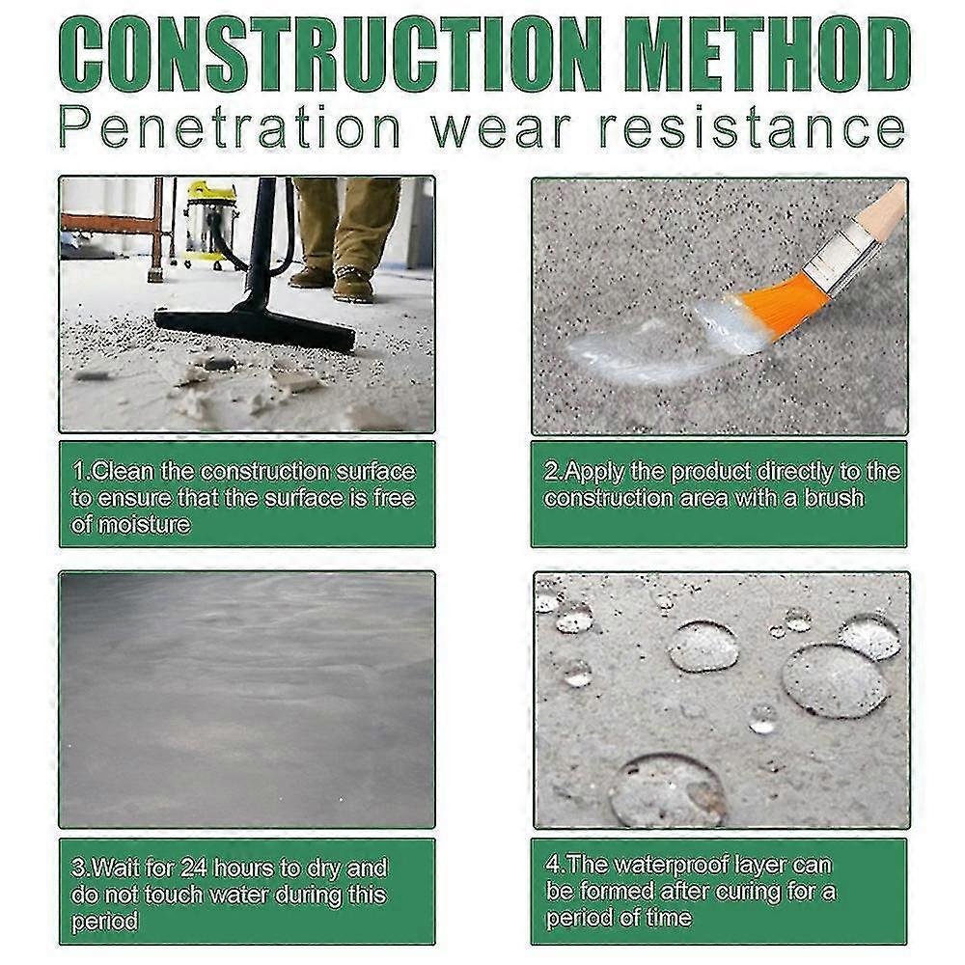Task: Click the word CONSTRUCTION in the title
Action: tap(332, 54)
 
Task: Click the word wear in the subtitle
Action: tap(500, 131)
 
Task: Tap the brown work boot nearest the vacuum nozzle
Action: tap(353, 284)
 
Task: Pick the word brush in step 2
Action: tap(834, 499)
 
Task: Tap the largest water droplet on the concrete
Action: tap(835, 680)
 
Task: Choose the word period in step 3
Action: tap(104, 922)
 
